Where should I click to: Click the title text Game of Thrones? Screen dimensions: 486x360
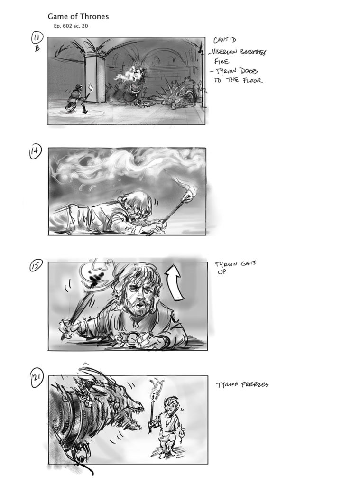(78, 17)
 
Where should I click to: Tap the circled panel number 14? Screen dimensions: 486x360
(36, 152)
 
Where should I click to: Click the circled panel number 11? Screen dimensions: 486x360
(37, 38)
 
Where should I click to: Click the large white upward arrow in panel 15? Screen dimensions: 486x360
(174, 283)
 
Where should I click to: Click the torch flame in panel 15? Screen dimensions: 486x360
(93, 273)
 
